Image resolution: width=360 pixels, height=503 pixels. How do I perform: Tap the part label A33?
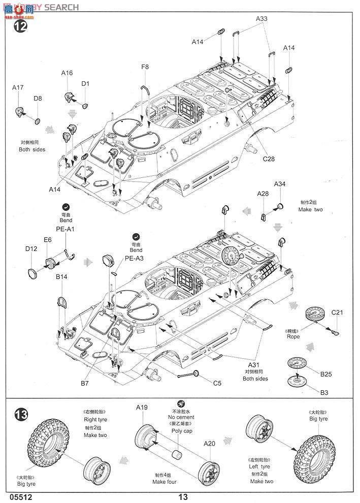[x=261, y=19]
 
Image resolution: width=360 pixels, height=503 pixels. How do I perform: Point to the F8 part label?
[x=145, y=67]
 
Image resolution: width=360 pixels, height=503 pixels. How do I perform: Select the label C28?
[x=269, y=159]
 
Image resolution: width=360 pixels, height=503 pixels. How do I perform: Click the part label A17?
[x=18, y=87]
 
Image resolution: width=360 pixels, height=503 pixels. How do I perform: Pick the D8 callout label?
[x=38, y=98]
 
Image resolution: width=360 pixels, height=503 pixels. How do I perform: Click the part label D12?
[x=31, y=248]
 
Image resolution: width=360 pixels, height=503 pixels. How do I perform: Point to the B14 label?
[x=62, y=277]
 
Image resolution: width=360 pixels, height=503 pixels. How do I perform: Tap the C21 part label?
[x=338, y=312]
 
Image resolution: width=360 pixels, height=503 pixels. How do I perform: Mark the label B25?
[x=325, y=374]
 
